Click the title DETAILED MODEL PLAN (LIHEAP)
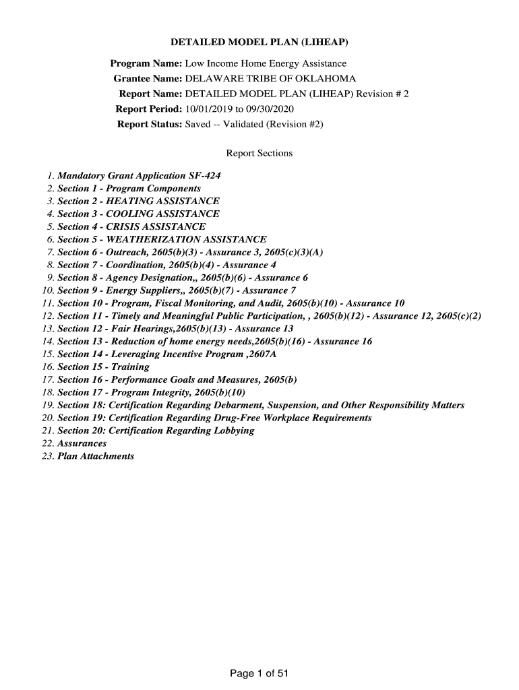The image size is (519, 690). [259, 43]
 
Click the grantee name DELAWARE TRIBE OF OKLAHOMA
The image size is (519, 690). [270, 79]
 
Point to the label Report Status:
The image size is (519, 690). [150, 124]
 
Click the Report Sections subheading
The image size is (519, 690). [259, 153]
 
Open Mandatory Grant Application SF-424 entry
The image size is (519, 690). [139, 176]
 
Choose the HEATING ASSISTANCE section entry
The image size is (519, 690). [138, 201]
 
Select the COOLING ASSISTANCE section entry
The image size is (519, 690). [138, 214]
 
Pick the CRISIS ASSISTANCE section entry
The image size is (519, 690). [131, 226]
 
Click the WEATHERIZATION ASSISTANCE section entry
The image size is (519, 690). [162, 239]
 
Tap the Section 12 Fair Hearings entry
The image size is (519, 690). [175, 328]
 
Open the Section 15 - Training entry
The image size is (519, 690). [103, 367]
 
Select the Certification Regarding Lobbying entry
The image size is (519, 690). [156, 431]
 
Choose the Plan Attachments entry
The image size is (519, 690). [96, 456]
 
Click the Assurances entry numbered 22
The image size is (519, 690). [82, 443]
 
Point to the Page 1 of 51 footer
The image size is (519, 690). [259, 673]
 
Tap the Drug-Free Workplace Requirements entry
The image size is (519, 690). [214, 418]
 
